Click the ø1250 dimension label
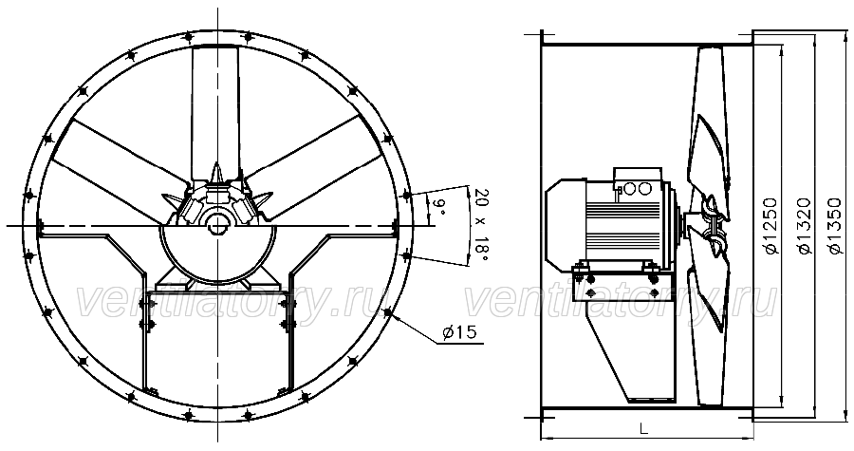click(772, 226)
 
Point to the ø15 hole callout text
click(459, 332)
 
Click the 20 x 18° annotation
click(481, 225)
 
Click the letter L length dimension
click(643, 429)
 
